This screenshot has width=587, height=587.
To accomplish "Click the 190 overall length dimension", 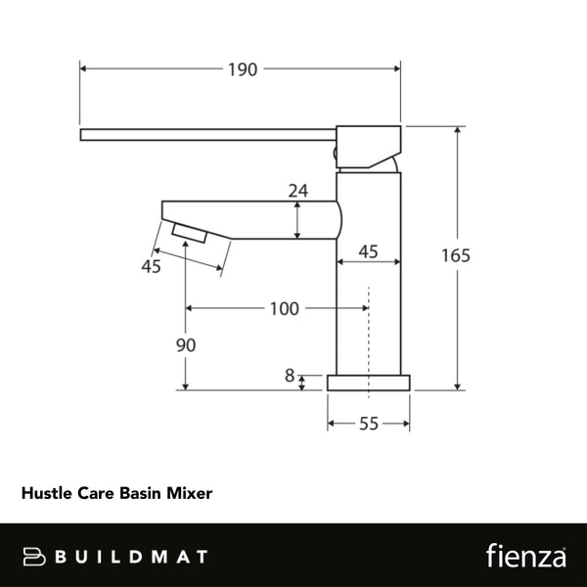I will click(242, 69).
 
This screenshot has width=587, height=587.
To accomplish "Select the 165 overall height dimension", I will click(456, 256).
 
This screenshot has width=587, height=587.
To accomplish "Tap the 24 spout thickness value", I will click(298, 192).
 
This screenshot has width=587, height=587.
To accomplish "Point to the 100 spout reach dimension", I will click(283, 309).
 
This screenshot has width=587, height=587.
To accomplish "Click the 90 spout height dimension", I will click(186, 345).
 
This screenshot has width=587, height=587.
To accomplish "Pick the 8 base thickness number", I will click(289, 375).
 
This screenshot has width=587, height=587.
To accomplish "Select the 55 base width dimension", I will click(368, 424).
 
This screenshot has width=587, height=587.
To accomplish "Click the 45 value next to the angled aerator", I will click(152, 266).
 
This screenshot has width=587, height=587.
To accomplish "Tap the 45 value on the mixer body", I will click(368, 251).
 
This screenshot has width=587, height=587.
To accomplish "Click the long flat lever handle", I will click(205, 134).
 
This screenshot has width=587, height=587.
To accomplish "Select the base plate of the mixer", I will click(368, 382).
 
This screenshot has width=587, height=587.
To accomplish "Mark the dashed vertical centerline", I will click(368, 333).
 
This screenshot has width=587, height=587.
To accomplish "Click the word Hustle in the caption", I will click(45, 494).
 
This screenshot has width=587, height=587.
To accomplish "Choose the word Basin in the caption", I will click(143, 494).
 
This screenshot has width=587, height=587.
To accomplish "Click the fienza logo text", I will click(526, 556).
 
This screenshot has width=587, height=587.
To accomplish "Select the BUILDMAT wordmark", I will click(130, 557).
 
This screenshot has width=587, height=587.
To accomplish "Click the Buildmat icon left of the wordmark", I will click(35, 557).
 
